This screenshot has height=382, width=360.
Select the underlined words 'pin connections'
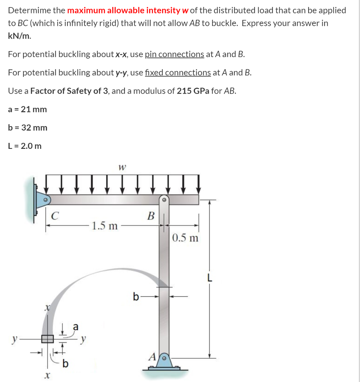coord(174,54)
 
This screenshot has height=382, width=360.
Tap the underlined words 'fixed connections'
coord(178,72)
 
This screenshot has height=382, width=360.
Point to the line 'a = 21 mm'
coord(28,109)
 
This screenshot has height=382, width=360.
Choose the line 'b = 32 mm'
coord(28,128)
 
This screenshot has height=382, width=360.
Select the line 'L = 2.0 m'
coord(25,146)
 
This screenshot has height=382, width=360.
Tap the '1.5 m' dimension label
coord(105,226)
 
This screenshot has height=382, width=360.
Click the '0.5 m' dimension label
coord(185,238)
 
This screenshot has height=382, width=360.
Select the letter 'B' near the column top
coord(151,216)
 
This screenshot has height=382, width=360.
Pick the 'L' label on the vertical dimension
coord(210,278)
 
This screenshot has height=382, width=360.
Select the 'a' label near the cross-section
coord(76,326)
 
